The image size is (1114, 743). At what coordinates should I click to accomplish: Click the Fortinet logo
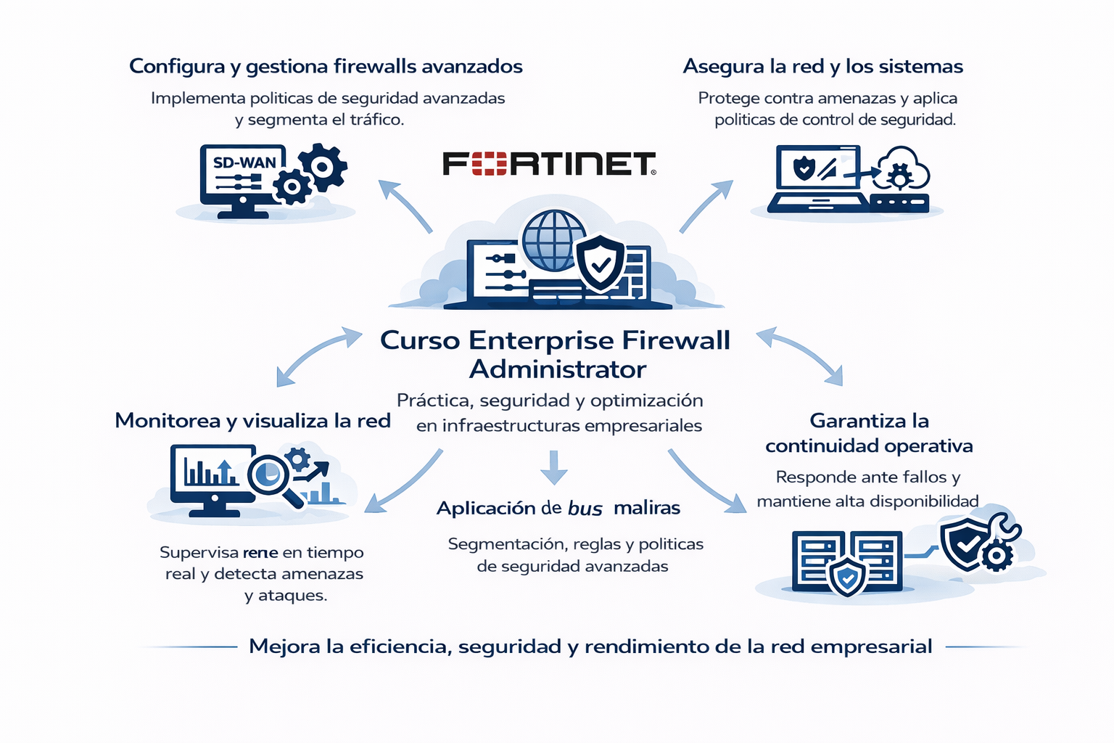(549, 164)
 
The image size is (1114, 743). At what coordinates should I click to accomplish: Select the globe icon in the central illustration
(553, 239)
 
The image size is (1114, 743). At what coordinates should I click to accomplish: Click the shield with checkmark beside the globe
(600, 262)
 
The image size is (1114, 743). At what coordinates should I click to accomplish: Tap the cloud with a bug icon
(901, 171)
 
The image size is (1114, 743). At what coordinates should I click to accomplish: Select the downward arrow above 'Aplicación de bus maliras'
(554, 467)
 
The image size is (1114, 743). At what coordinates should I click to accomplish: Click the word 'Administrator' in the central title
(557, 369)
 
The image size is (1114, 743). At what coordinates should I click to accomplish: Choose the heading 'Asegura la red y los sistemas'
(822, 67)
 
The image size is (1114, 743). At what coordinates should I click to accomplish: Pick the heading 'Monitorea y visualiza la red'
(252, 421)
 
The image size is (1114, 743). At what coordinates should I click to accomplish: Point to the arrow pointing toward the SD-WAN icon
(403, 204)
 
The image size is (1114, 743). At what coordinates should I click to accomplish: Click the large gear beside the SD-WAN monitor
(323, 167)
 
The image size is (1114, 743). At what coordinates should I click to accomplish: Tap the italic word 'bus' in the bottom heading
(585, 509)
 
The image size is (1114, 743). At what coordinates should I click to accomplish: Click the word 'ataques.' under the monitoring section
(286, 596)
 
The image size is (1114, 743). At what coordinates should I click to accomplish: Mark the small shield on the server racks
(846, 578)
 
